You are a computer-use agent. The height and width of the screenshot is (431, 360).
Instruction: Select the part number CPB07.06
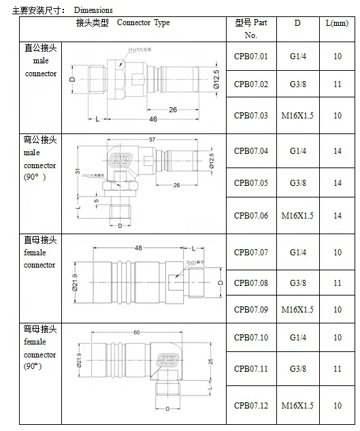click(250, 215)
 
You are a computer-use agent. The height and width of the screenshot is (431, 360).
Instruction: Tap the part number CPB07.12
click(250, 406)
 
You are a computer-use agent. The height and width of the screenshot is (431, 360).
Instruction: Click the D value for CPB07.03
click(297, 115)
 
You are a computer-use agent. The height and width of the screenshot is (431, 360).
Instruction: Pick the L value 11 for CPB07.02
click(338, 84)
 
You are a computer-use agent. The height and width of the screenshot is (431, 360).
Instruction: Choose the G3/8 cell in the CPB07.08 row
click(297, 283)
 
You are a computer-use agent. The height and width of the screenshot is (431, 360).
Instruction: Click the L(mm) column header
click(338, 22)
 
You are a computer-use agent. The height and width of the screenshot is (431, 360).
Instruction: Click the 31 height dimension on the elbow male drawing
click(78, 170)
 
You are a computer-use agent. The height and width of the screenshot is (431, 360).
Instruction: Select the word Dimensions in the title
click(93, 10)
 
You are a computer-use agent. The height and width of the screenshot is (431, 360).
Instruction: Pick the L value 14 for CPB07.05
click(338, 182)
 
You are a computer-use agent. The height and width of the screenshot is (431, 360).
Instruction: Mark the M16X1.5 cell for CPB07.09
click(297, 309)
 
